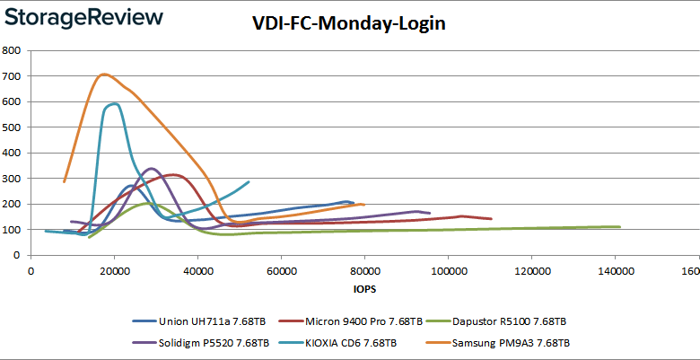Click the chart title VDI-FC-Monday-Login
pyautogui.click(x=348, y=24)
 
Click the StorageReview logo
pyautogui.click(x=85, y=17)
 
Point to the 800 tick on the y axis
pyautogui.click(x=13, y=50)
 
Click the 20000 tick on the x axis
pyautogui.click(x=114, y=271)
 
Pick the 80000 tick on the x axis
pyautogui.click(x=364, y=271)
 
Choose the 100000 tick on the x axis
pyautogui.click(x=449, y=271)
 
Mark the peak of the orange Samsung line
pyautogui.click(x=104, y=75)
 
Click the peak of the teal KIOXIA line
pyautogui.click(x=114, y=104)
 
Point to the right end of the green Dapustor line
pyautogui.click(x=620, y=227)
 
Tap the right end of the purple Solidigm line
pyautogui.click(x=430, y=214)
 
